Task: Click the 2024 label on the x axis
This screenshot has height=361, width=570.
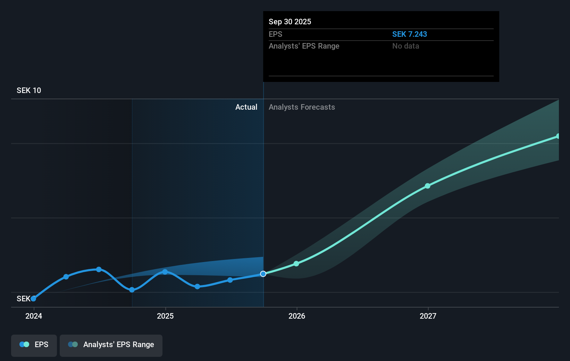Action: pos(34,316)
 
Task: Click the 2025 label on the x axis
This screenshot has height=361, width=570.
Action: pos(165,316)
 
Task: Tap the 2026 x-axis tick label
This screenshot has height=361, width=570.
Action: pos(297,316)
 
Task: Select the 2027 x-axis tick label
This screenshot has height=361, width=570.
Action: pos(428,316)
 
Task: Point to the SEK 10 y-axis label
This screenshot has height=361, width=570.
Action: pos(29,90)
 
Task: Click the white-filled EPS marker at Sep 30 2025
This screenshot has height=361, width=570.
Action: pos(263,274)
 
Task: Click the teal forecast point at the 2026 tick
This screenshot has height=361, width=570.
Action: pos(296,264)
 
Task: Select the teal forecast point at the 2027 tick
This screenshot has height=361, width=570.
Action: pos(428,186)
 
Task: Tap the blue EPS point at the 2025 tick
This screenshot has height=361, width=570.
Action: pos(165,272)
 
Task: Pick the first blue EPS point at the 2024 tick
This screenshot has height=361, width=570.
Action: pos(34,299)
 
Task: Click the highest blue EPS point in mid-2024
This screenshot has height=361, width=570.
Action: pos(99,269)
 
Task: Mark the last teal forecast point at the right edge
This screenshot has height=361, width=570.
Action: pos(558,136)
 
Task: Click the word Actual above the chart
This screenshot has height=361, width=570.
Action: pos(246,107)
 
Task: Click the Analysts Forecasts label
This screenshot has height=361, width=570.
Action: pos(302,107)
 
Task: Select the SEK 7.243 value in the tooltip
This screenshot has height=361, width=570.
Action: pos(410,34)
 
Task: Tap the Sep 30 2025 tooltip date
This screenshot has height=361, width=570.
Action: pos(290,22)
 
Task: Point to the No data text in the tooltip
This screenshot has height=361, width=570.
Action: pos(405,46)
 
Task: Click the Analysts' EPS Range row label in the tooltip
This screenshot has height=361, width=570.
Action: pos(304,46)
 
